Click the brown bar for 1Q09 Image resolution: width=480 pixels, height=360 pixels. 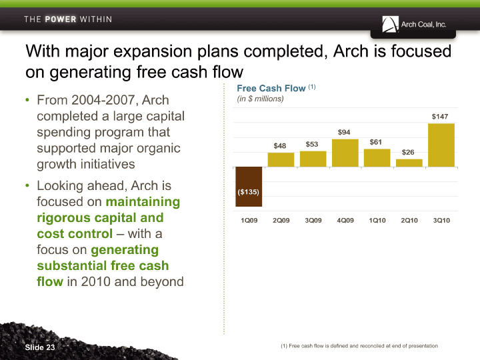pyautogui.click(x=249, y=187)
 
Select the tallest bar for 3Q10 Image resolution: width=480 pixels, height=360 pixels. pyautogui.click(x=441, y=145)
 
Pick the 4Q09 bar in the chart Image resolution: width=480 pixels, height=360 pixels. pyautogui.click(x=345, y=153)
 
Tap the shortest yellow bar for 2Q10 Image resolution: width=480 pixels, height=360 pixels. pyautogui.click(x=409, y=163)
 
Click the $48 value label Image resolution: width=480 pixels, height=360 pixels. pyautogui.click(x=280, y=146)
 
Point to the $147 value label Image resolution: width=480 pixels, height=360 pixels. pyautogui.click(x=440, y=117)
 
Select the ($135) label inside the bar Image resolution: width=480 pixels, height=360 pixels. pyautogui.click(x=248, y=192)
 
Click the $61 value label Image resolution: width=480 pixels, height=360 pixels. pyautogui.click(x=375, y=142)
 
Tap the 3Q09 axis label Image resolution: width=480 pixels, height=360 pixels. pyautogui.click(x=313, y=221)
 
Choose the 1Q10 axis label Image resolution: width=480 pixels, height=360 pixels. pyautogui.click(x=377, y=221)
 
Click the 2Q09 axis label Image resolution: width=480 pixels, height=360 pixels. pyautogui.click(x=281, y=221)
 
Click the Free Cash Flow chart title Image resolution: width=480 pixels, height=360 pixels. pyautogui.click(x=271, y=88)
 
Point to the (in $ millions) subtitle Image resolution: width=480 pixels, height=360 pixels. pyautogui.click(x=260, y=99)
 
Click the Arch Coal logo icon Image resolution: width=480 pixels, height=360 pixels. pyautogui.click(x=390, y=24)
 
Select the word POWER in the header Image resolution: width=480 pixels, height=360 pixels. pyautogui.click(x=61, y=19)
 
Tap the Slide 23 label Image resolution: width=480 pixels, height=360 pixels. pyautogui.click(x=40, y=347)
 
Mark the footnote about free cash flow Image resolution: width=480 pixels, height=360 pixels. pyautogui.click(x=359, y=346)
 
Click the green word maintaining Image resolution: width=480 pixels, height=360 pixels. pyautogui.click(x=143, y=202)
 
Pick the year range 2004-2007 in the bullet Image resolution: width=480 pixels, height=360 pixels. pyautogui.click(x=103, y=100)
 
